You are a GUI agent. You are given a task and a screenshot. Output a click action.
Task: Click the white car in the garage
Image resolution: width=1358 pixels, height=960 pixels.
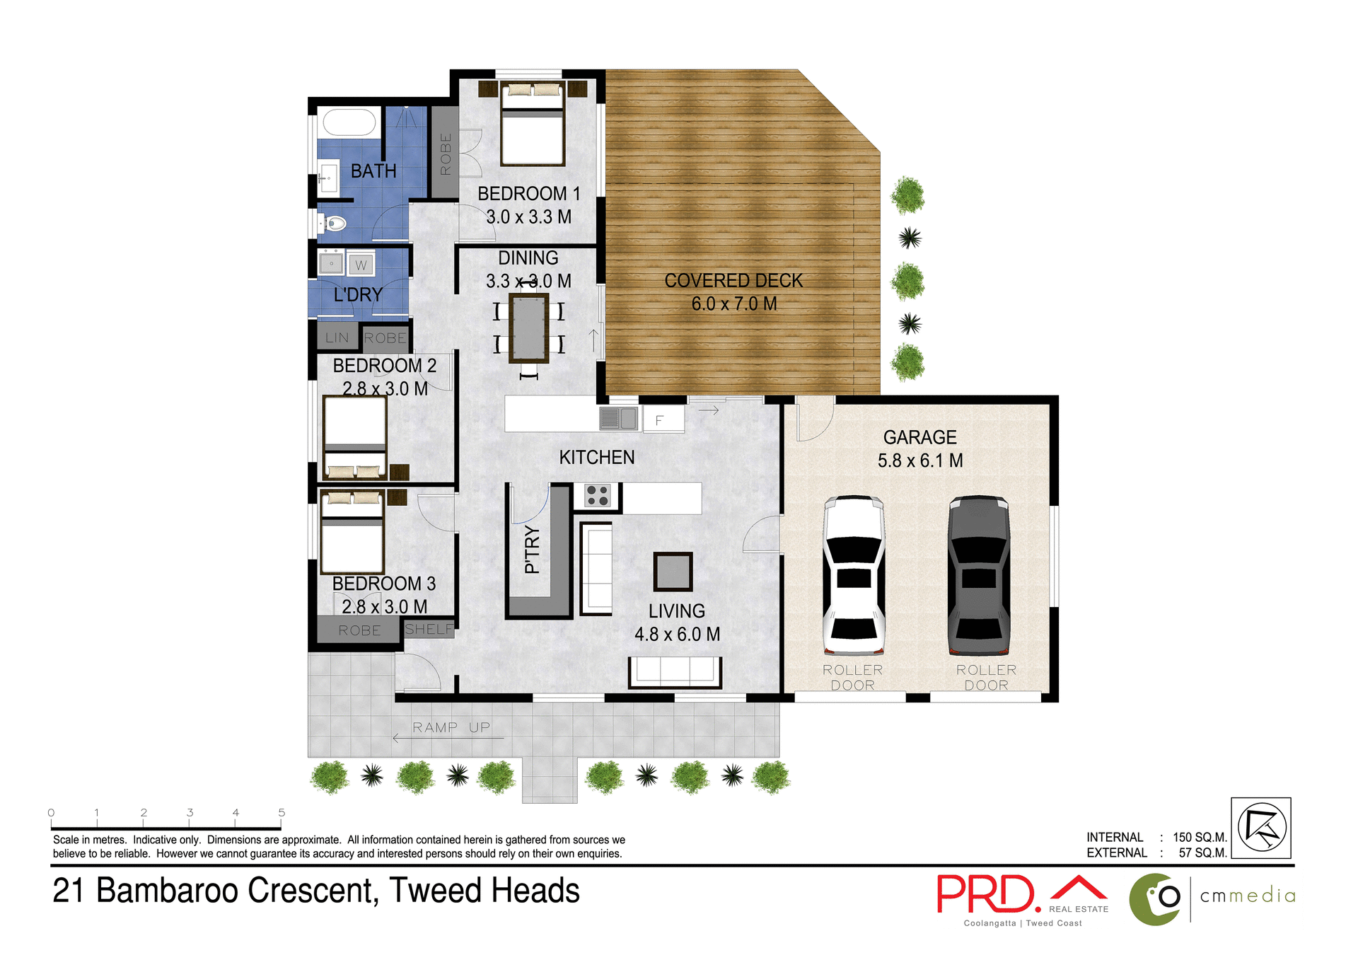point(854,575)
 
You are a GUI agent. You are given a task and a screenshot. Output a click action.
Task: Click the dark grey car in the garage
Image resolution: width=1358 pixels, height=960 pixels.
point(979,575)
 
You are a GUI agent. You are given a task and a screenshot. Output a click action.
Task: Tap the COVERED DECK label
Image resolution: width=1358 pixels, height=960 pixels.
point(733,281)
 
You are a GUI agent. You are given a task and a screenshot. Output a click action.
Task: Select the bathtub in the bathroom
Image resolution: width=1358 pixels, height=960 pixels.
point(349,122)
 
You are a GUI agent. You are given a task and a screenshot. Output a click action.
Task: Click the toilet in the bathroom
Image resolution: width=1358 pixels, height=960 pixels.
point(335,224)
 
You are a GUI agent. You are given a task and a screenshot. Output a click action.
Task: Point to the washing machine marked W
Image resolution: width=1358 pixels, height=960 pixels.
point(361,265)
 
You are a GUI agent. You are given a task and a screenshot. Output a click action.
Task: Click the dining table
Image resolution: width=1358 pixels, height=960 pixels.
point(528,328)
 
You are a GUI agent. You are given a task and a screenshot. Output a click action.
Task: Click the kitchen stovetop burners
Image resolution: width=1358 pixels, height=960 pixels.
point(598,495)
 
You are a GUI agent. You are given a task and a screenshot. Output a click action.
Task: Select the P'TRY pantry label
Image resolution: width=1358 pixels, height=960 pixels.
point(532,550)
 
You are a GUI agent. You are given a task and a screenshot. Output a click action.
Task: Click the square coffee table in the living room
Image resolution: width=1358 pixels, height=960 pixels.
point(673,572)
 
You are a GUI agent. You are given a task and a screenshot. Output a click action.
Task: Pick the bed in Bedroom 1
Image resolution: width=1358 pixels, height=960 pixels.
point(533,127)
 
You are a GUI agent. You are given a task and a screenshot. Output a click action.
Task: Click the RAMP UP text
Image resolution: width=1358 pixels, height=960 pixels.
point(451,727)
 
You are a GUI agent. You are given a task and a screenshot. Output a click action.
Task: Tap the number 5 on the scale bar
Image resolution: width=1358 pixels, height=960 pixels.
point(282,813)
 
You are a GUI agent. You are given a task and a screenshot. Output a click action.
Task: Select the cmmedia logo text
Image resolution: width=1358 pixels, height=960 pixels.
point(1248,896)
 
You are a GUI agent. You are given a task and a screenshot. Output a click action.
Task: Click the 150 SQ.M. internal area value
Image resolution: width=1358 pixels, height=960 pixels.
point(1200,837)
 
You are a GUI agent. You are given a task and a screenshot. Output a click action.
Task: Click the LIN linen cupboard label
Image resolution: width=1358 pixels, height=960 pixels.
point(337,338)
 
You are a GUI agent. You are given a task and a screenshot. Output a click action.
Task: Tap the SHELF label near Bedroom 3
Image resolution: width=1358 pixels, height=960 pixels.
point(429,629)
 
